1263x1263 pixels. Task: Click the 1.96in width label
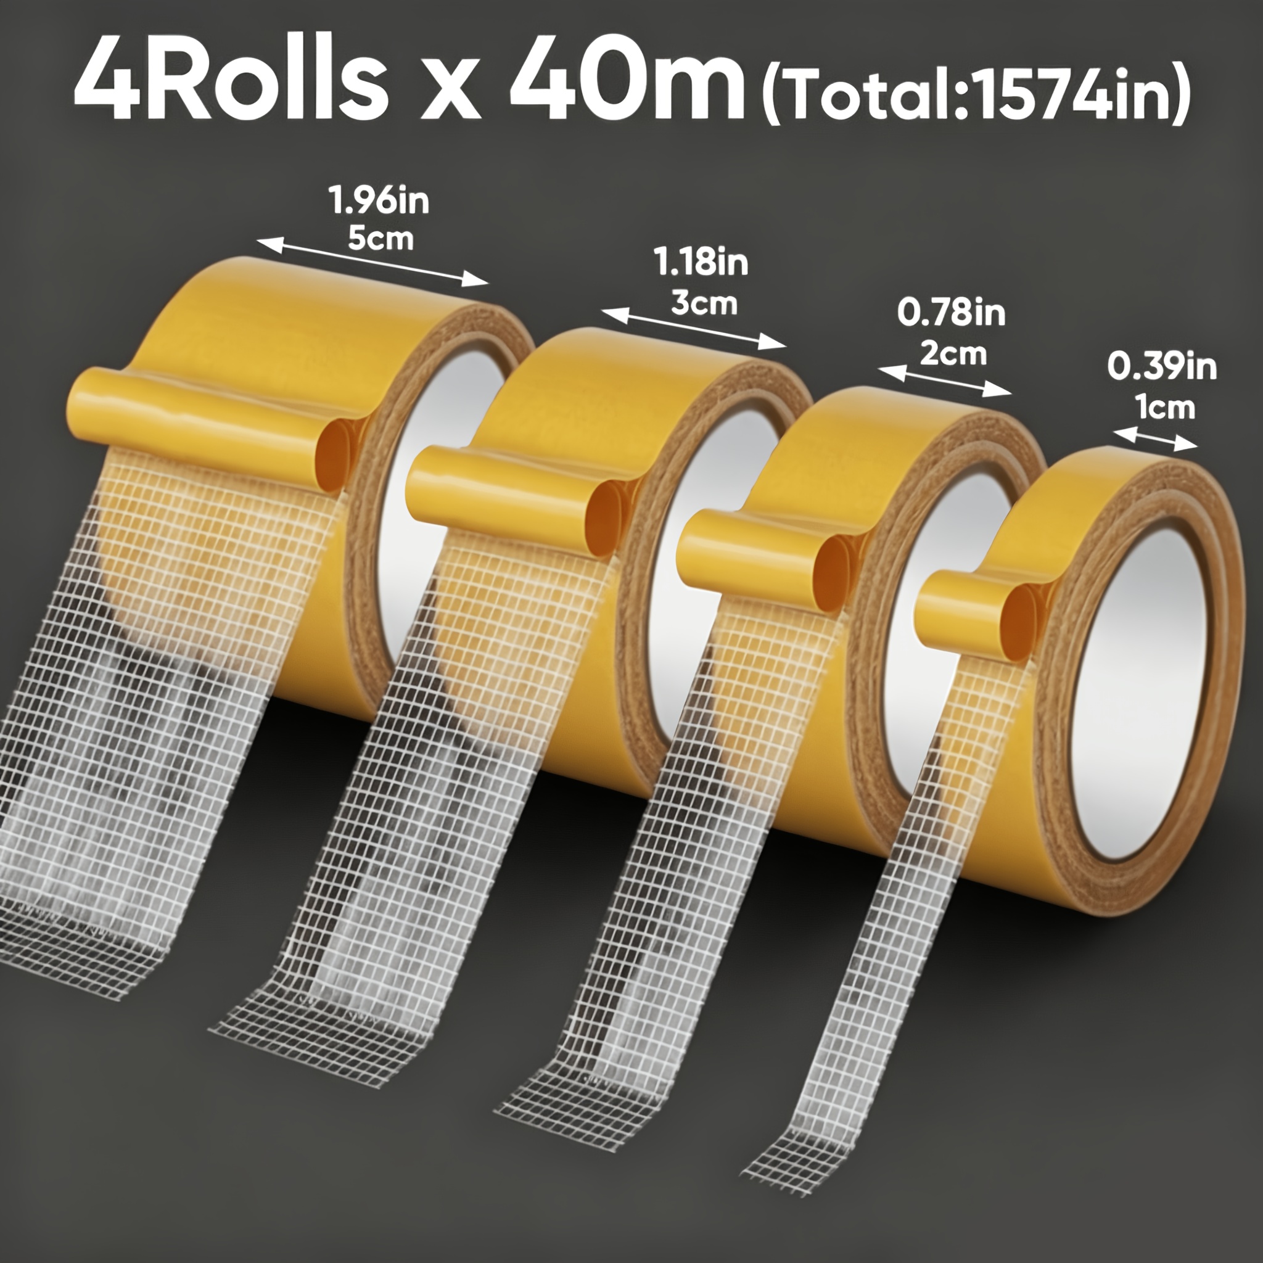pyautogui.click(x=380, y=200)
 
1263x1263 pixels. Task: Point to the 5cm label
pyautogui.click(x=381, y=239)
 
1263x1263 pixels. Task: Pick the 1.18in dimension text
pyautogui.click(x=701, y=263)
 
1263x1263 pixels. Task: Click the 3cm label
pyautogui.click(x=704, y=303)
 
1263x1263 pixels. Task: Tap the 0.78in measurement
pyautogui.click(x=951, y=313)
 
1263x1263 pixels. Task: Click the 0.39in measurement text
pyautogui.click(x=1162, y=367)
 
